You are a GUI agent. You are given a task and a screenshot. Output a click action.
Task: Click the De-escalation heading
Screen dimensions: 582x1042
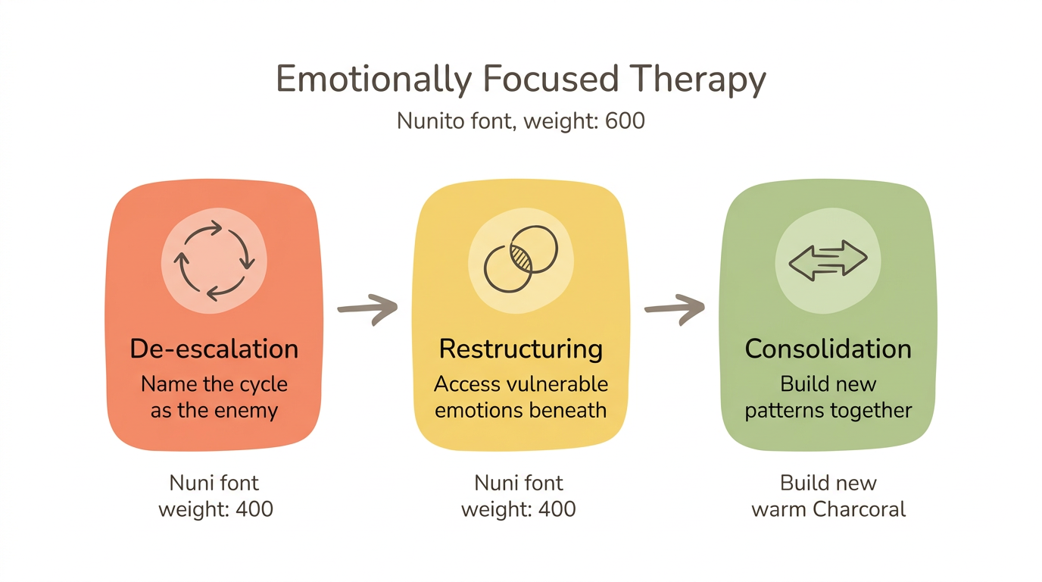click(214, 349)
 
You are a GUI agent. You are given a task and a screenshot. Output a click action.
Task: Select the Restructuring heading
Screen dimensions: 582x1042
click(521, 349)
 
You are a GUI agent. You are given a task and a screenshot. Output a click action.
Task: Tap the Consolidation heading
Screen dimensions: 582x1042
click(828, 349)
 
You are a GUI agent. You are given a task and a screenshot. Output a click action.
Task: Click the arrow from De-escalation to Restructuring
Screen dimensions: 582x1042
click(367, 308)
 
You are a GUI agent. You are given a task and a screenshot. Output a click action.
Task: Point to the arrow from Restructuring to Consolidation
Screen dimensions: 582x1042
click(674, 308)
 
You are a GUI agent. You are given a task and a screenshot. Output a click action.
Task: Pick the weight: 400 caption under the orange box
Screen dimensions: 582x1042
click(215, 508)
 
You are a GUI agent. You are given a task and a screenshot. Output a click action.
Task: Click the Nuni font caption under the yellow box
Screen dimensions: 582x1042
click(519, 483)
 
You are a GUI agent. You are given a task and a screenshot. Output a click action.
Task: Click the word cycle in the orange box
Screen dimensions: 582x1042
click(260, 383)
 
